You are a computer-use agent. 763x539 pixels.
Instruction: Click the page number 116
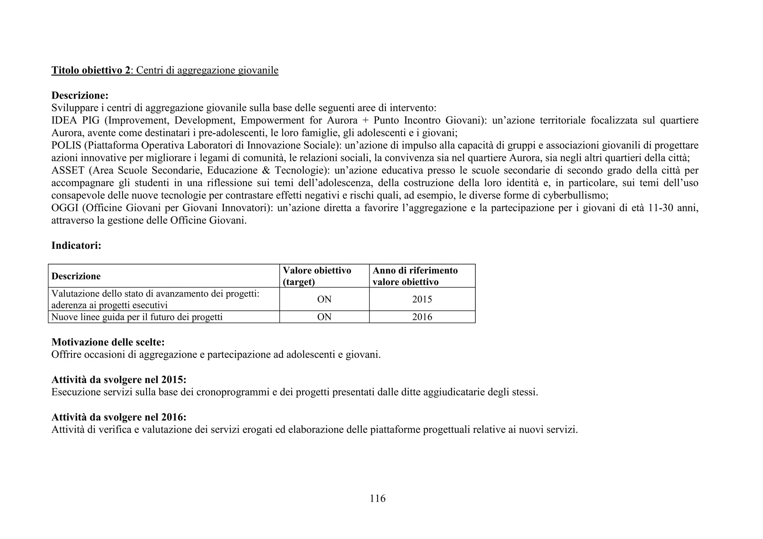377,498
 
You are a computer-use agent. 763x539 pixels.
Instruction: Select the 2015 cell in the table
422,299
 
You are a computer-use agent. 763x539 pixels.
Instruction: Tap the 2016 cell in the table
422,317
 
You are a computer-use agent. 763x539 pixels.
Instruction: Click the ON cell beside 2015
324,299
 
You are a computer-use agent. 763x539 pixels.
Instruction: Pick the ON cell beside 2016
324,317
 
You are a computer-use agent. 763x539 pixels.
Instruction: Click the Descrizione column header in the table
76,276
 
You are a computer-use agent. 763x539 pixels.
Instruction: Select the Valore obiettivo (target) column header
317,276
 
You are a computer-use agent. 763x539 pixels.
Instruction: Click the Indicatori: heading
76,245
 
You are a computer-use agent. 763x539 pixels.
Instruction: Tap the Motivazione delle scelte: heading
108,342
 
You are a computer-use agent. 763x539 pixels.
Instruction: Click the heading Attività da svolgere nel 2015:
118,380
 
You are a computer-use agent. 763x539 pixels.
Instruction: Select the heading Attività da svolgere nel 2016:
118,417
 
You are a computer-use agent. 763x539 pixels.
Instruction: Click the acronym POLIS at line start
66,145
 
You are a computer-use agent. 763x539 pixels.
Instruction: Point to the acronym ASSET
67,170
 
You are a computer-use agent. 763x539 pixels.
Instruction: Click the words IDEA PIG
75,120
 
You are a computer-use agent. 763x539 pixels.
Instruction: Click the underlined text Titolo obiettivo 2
91,70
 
